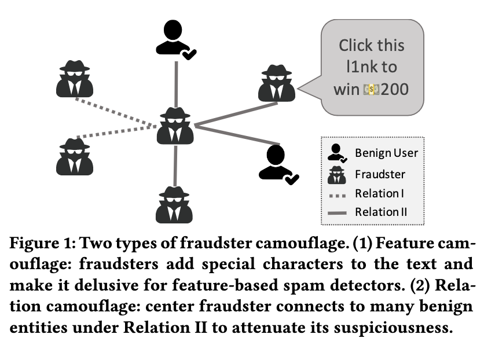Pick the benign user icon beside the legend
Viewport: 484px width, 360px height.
point(277,164)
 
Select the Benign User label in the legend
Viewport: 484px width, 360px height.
point(386,153)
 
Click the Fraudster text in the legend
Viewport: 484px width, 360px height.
point(380,174)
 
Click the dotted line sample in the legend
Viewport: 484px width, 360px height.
point(336,194)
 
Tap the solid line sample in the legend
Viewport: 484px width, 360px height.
point(336,213)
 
